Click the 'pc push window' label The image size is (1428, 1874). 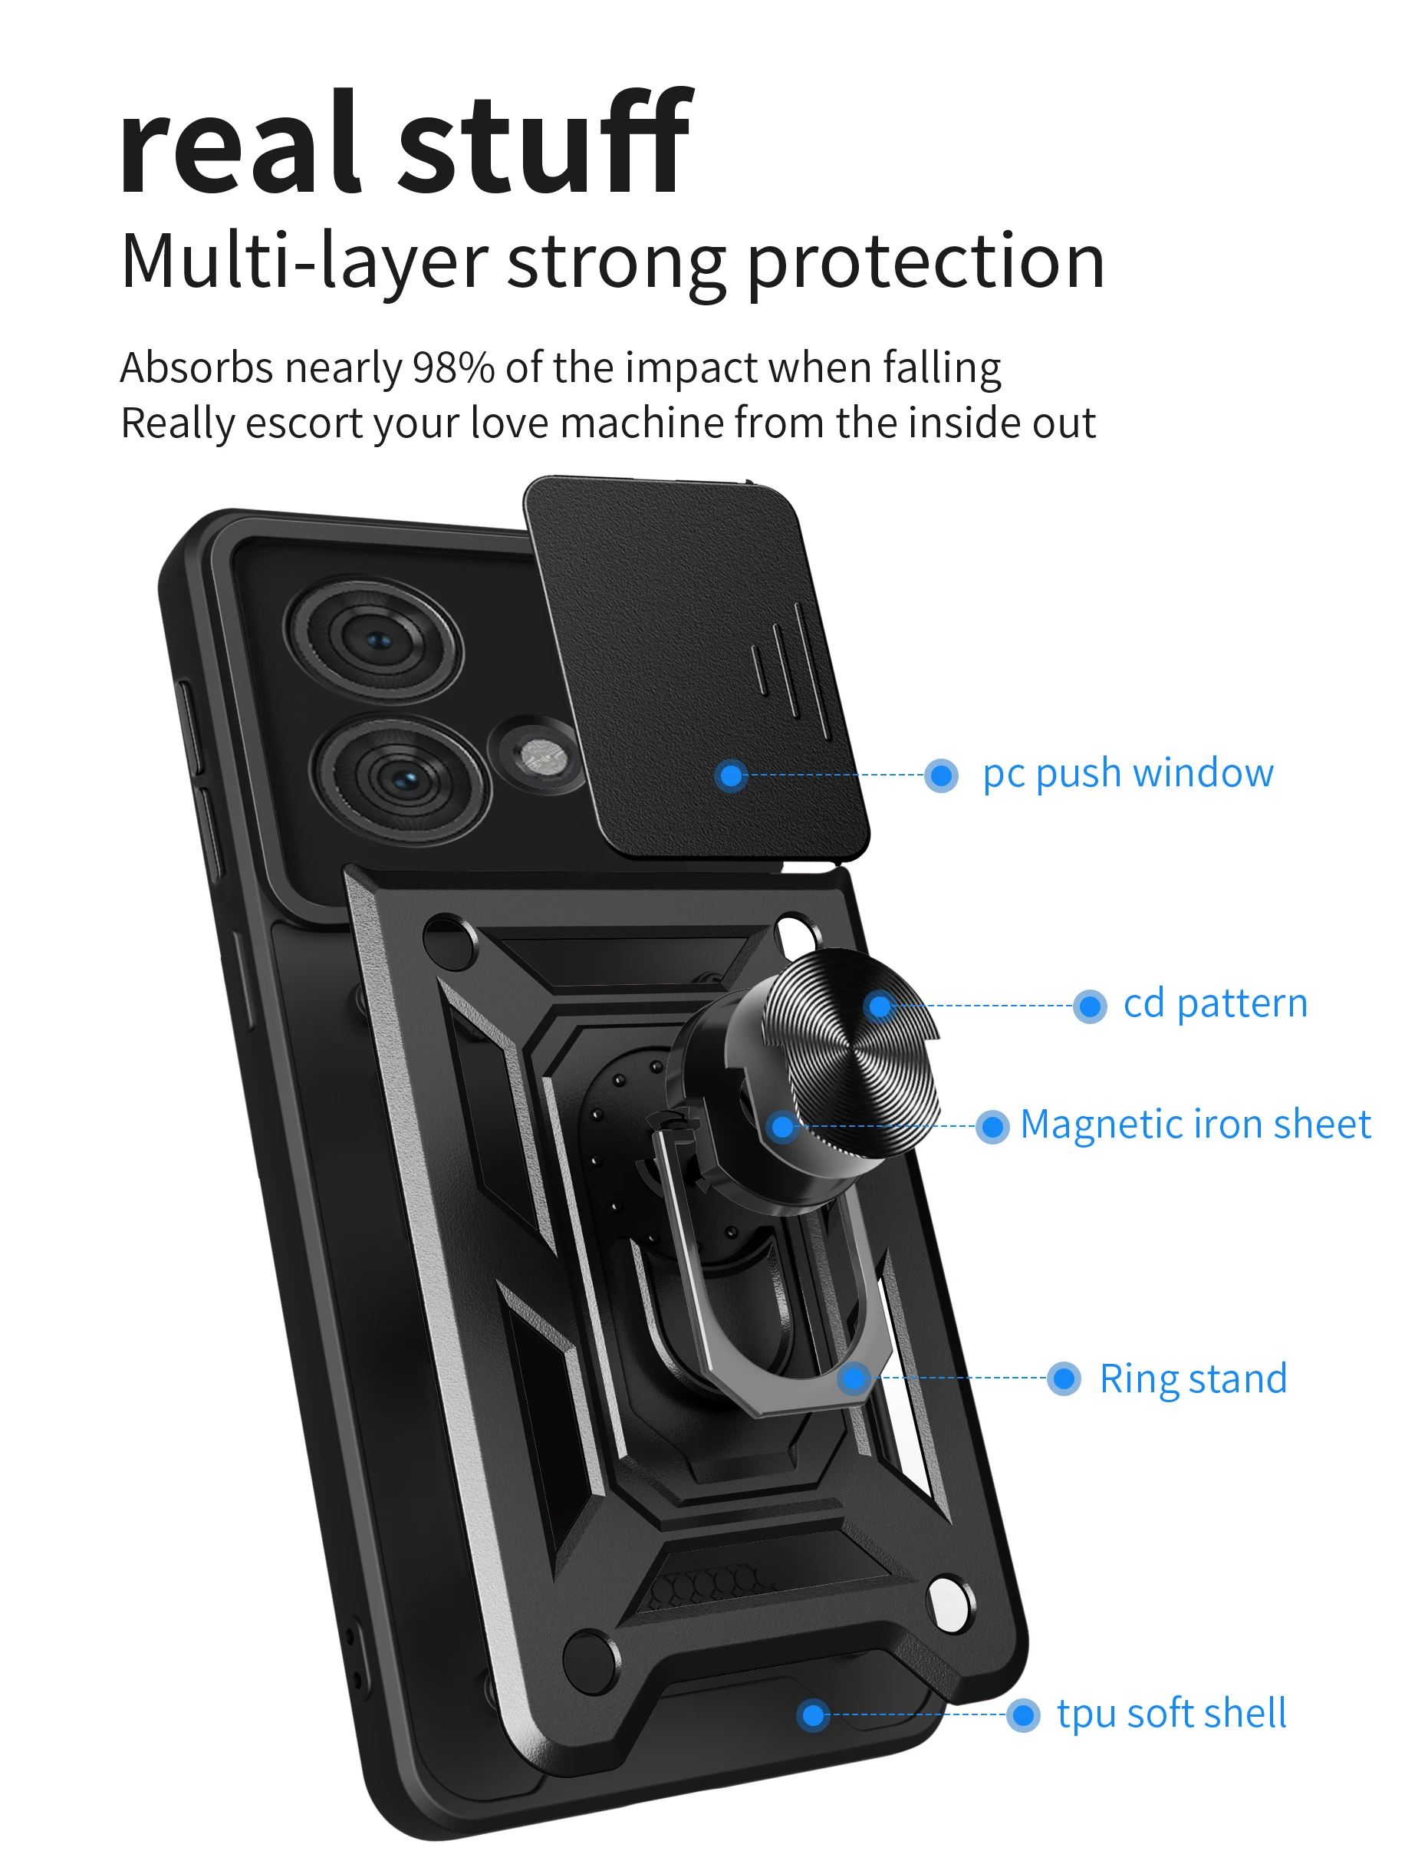[1127, 775]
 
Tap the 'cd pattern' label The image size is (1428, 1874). [1215, 1004]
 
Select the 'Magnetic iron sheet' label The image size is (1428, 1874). [1194, 1125]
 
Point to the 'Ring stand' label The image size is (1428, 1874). [1193, 1379]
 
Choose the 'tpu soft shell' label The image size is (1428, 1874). [1170, 1714]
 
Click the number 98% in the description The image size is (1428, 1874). [452, 368]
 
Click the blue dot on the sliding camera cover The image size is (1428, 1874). [731, 775]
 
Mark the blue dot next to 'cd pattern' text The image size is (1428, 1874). [1090, 1006]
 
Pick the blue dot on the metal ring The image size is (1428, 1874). [854, 1378]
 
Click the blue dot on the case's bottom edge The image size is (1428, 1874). [814, 1715]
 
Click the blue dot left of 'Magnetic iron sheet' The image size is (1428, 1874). [992, 1127]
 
